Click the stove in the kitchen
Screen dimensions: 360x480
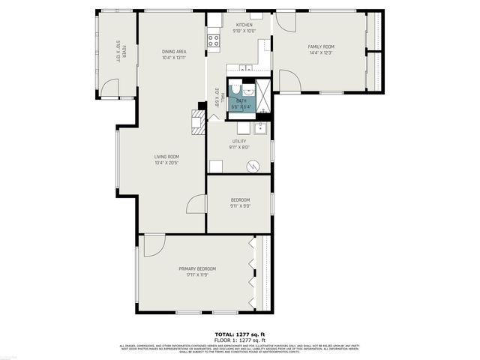pyautogui.click(x=214, y=38)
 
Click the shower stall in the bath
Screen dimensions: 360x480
pyautogui.click(x=262, y=95)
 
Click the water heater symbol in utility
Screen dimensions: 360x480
pyautogui.click(x=253, y=166)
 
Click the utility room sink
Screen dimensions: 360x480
pyautogui.click(x=259, y=128)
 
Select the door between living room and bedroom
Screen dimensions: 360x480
pyautogui.click(x=196, y=203)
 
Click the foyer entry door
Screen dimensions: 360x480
pyautogui.click(x=110, y=88)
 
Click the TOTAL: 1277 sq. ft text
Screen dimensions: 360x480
pyautogui.click(x=239, y=333)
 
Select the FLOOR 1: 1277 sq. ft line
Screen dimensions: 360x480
pyautogui.click(x=239, y=340)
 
